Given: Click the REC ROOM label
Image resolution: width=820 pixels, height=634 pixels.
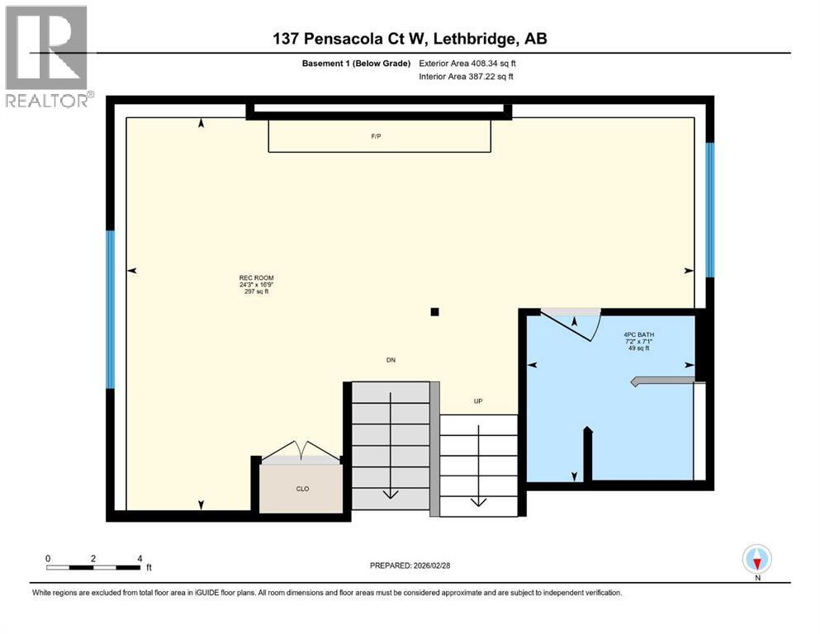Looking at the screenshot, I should click(x=256, y=284).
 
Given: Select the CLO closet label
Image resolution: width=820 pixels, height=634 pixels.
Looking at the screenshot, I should click(x=302, y=489).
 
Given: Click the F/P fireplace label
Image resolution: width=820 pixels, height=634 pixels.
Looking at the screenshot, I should click(x=377, y=136).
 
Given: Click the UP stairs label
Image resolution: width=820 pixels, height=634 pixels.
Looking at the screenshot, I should click(x=477, y=401).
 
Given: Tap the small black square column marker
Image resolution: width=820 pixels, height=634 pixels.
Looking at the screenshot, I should click(x=434, y=312).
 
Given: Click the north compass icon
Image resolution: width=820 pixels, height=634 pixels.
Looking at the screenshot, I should click(x=756, y=560).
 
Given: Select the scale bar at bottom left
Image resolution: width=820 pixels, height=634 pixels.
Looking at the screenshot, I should click(x=93, y=567).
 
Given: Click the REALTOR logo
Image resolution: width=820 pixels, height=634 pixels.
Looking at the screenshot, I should click(x=47, y=56).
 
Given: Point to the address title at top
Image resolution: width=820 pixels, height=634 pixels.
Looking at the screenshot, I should click(x=410, y=39).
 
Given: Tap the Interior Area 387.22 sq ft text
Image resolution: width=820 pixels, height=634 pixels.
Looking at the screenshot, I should click(x=467, y=77).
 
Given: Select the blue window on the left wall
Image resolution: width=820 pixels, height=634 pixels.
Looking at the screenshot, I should click(x=110, y=310).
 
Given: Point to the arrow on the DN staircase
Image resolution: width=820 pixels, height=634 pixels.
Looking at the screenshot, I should click(x=390, y=493).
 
